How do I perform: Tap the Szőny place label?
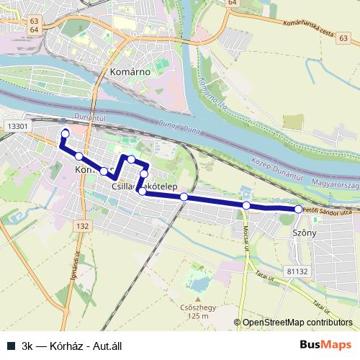pos(305,234)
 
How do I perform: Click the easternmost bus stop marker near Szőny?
pos(298,209)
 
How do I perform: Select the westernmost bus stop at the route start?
pos(66,132)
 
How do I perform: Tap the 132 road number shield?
pos(83,226)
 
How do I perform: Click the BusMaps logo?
pos(325,343)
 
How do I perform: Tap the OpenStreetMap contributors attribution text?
pos(297,323)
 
